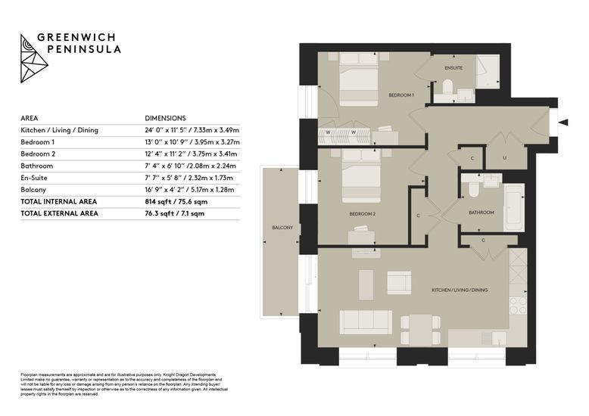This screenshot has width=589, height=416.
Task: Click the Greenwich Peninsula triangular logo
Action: point(33,58)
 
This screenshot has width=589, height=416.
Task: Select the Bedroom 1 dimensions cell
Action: point(192,142)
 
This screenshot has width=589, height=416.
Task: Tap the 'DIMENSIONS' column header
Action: point(165,118)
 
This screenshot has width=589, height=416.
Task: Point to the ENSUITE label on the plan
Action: point(453,68)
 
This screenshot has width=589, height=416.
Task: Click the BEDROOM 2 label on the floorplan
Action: point(362,214)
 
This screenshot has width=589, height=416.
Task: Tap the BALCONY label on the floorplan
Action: point(282,228)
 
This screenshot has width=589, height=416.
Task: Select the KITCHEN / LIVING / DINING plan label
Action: point(460,290)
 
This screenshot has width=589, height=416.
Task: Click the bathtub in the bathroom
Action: point(514,208)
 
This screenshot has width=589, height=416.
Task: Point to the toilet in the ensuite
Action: point(447,88)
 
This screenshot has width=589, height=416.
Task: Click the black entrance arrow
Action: point(563,122)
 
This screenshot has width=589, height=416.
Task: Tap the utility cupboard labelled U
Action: point(504,156)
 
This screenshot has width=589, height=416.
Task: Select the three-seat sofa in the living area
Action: point(366,321)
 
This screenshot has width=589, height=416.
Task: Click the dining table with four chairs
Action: point(420,330)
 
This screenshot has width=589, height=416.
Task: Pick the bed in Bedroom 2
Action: point(361,182)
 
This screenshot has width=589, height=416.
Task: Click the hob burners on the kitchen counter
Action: point(518,306)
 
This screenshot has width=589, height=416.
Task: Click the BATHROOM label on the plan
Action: point(481,213)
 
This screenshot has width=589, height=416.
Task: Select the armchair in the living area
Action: point(399,283)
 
